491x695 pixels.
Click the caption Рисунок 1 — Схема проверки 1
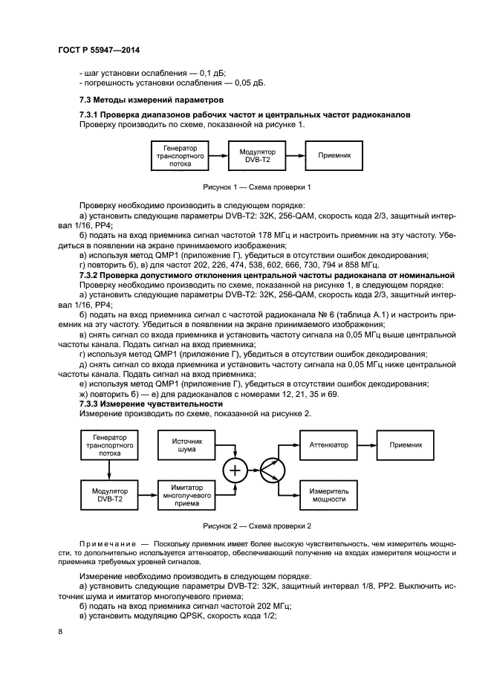click(x=256, y=187)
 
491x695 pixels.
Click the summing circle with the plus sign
click(x=235, y=470)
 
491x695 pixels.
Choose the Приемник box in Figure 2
click(x=405, y=445)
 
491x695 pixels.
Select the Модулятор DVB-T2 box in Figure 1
click(x=257, y=157)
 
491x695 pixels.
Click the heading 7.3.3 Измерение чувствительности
click(x=141, y=403)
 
